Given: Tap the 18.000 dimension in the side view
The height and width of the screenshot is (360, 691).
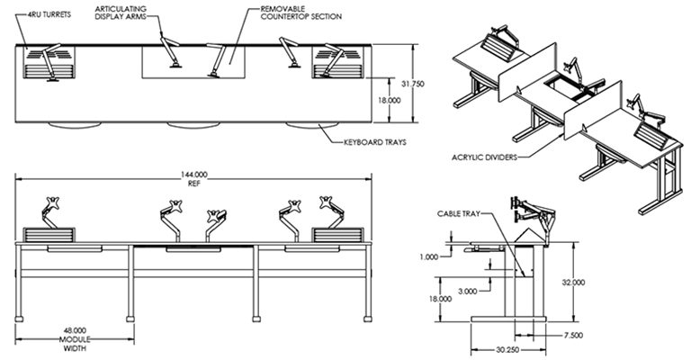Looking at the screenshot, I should (x=438, y=300).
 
